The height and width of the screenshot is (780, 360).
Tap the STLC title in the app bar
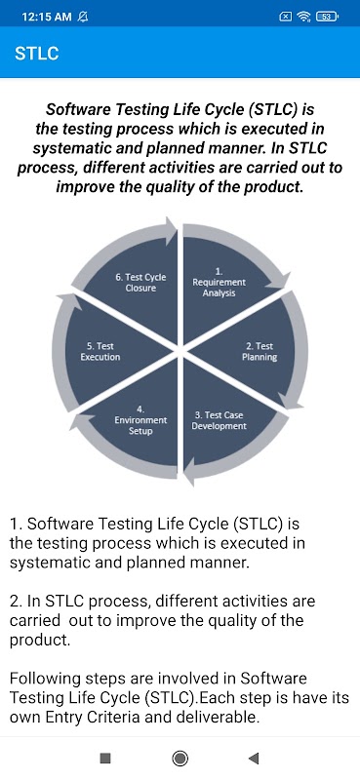tap(37, 54)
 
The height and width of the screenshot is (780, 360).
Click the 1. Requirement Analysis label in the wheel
tap(220, 282)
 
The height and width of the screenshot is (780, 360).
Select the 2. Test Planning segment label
tap(260, 352)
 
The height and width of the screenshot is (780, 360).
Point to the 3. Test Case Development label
tap(220, 420)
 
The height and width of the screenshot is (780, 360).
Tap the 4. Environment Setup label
tap(140, 420)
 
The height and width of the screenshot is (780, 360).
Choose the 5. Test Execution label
tap(100, 352)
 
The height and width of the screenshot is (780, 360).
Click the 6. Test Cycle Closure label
tap(140, 283)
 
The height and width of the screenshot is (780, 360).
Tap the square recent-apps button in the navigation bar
tap(105, 758)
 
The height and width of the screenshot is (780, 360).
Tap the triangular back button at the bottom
tap(254, 758)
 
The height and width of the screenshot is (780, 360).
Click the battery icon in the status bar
tap(327, 17)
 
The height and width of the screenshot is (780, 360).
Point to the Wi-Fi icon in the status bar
tap(303, 17)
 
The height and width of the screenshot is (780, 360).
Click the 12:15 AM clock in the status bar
tap(47, 17)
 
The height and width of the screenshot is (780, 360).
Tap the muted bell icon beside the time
tap(83, 17)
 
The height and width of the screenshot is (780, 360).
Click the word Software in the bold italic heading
tap(77, 109)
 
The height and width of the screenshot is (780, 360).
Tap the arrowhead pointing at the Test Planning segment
tap(277, 281)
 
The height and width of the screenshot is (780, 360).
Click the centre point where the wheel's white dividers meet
tap(180, 352)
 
